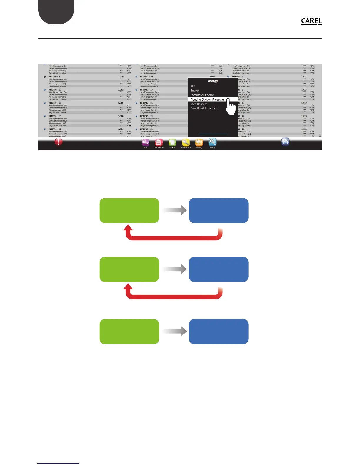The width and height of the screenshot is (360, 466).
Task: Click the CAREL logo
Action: click(x=311, y=21)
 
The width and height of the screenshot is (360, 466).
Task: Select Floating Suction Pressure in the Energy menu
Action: click(x=207, y=99)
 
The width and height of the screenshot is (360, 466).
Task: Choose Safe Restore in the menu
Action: click(x=199, y=104)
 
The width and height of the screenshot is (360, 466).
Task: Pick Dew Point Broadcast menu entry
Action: click(x=204, y=109)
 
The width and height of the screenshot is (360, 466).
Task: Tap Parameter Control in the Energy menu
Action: click(x=202, y=95)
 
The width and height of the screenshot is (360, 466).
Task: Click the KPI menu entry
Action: click(x=193, y=86)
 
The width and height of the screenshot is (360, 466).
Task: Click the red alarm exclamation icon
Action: click(x=59, y=142)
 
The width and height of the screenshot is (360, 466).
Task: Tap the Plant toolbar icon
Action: click(x=146, y=143)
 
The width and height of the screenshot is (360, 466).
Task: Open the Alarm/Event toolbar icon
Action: click(x=159, y=143)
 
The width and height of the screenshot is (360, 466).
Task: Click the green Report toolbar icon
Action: click(x=172, y=143)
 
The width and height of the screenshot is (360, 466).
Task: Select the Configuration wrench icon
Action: click(x=186, y=143)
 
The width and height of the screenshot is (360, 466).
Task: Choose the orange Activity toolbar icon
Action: click(x=199, y=143)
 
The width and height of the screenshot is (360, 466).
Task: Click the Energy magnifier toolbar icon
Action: click(x=212, y=143)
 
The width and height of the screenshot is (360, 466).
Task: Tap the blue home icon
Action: click(x=285, y=142)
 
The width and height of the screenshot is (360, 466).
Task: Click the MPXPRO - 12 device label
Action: click(x=55, y=90)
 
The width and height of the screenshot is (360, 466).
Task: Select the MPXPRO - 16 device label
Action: click(x=146, y=103)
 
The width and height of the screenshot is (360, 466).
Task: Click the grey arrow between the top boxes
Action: click(x=175, y=210)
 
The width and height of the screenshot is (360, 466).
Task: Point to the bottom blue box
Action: click(x=219, y=332)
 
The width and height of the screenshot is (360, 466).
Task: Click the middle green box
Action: click(x=129, y=269)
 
